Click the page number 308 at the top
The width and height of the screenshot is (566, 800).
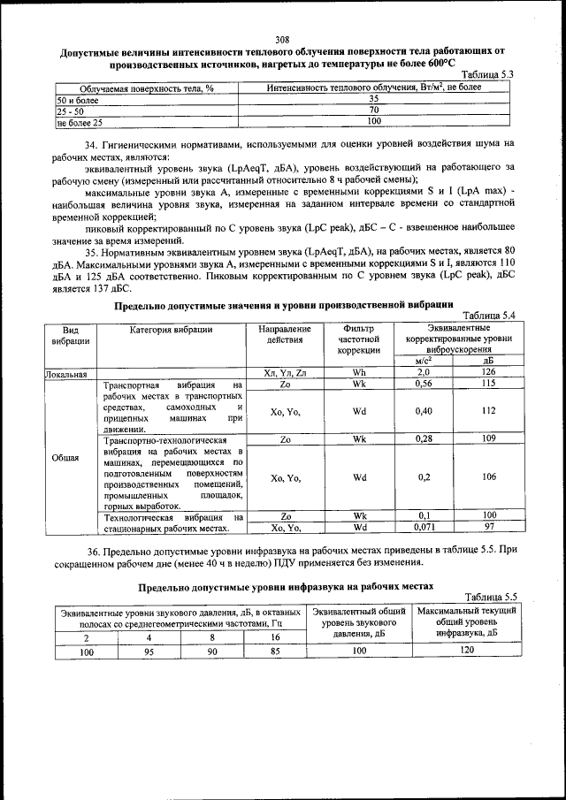click(282, 39)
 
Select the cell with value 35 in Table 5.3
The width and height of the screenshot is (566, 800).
click(373, 99)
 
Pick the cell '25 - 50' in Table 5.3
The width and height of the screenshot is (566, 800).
click(71, 111)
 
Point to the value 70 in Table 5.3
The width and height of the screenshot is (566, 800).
click(373, 110)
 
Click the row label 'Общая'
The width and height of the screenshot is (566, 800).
click(71, 457)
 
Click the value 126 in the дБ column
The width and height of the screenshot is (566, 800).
click(488, 373)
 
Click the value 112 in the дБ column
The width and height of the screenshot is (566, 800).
click(488, 410)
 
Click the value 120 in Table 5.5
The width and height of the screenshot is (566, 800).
click(467, 651)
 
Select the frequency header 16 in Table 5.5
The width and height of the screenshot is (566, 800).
click(274, 636)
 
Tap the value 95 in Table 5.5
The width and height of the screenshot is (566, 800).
click(149, 651)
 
